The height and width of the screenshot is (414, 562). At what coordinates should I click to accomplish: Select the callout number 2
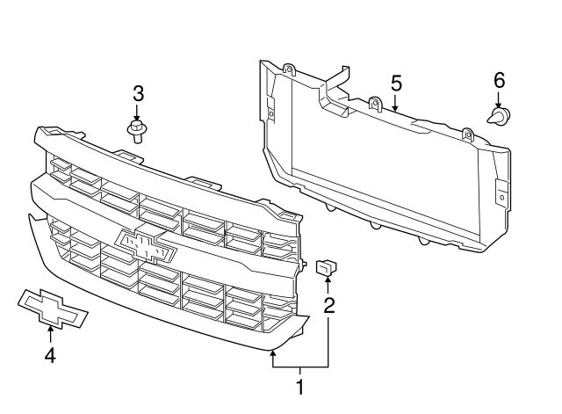(x=329, y=306)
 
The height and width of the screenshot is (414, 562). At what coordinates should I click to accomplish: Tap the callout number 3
(x=137, y=93)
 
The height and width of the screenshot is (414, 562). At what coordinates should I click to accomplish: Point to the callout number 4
(x=50, y=355)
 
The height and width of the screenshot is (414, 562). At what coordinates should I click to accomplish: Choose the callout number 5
(x=396, y=84)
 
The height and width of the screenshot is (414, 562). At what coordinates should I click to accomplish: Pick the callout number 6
(x=499, y=80)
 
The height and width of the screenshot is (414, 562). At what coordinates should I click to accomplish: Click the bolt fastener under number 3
(x=137, y=133)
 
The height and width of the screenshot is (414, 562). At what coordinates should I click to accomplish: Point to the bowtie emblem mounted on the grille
(x=147, y=246)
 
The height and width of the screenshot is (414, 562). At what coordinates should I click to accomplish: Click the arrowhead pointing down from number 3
(x=137, y=119)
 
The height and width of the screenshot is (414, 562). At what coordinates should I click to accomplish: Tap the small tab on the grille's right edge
(x=304, y=263)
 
